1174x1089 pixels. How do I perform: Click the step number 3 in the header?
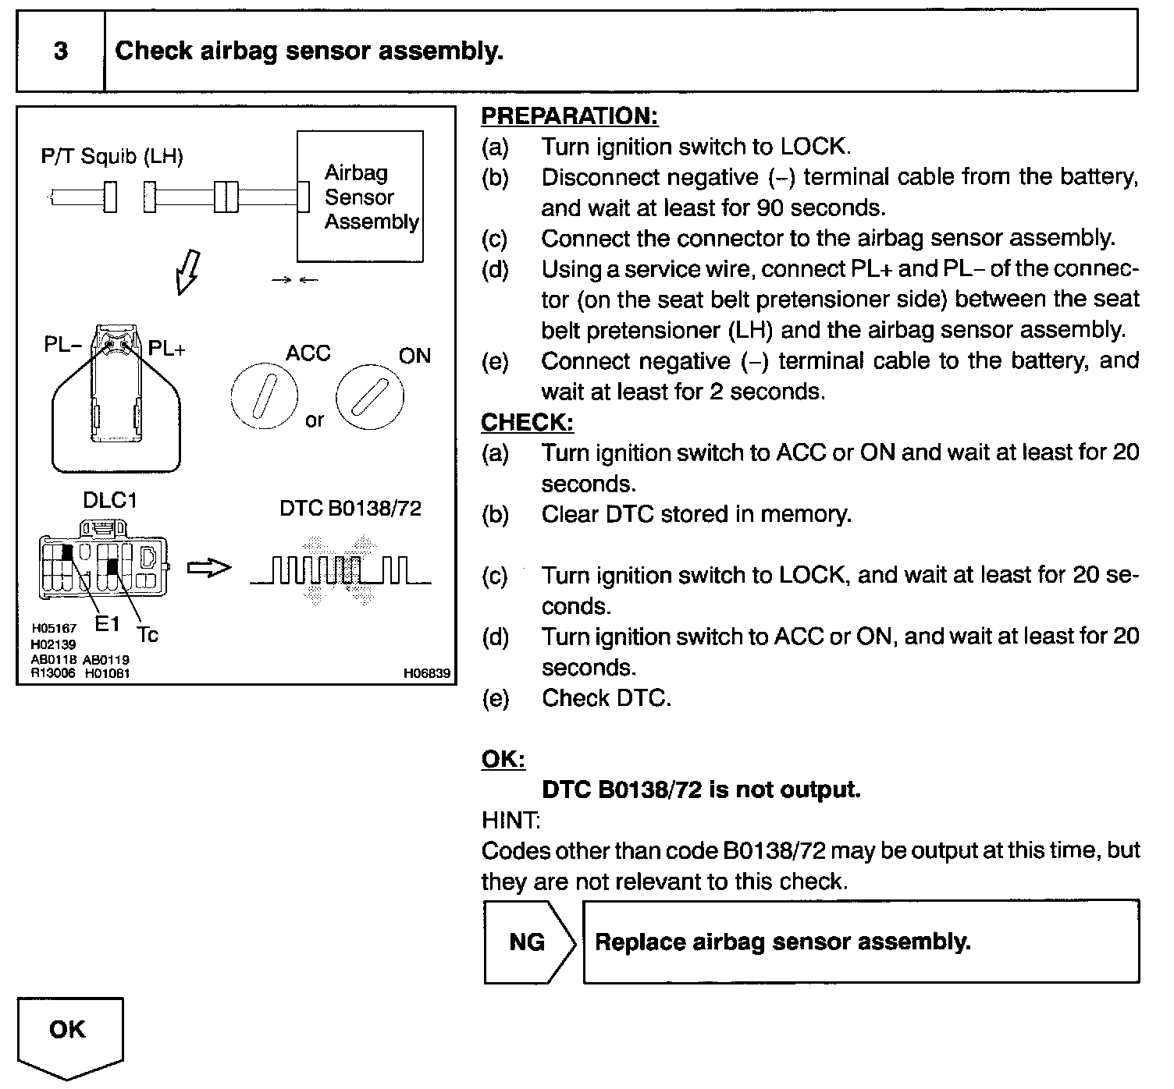(60, 51)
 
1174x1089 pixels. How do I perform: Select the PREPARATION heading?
(569, 116)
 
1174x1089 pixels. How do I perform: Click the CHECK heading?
(527, 422)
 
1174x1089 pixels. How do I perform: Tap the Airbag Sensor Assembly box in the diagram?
(361, 197)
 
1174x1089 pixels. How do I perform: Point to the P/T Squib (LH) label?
(112, 157)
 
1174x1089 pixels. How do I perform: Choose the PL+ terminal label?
(167, 349)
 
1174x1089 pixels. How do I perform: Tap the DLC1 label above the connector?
(110, 500)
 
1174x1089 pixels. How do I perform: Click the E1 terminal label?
(107, 623)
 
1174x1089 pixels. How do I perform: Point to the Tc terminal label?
(147, 635)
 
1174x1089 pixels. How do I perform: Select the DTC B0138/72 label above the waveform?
(350, 509)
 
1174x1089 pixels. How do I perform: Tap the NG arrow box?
(528, 942)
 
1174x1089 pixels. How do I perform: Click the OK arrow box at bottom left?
(69, 1030)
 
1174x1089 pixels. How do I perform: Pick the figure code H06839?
(427, 673)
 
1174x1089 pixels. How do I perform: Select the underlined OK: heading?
(503, 759)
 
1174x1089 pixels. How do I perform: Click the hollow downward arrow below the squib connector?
(188, 272)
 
